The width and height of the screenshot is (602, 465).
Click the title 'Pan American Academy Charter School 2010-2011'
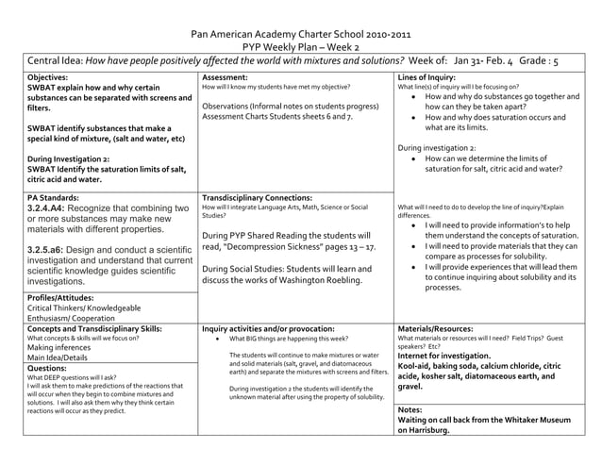point(300,33)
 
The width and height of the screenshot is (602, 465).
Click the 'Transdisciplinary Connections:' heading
point(260,198)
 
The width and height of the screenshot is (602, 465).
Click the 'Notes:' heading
point(410,410)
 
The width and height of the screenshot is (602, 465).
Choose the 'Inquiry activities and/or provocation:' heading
point(268,328)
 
